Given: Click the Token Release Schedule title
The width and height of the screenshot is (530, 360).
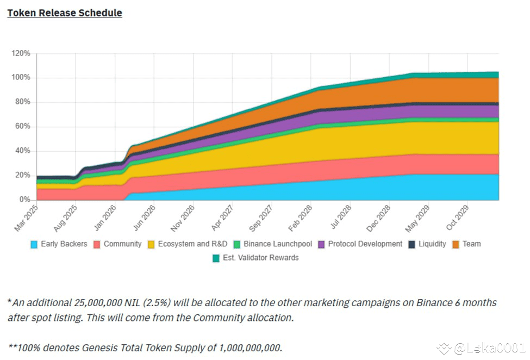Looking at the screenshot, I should tap(64, 13).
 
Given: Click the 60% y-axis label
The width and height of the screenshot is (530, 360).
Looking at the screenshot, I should tap(23, 127).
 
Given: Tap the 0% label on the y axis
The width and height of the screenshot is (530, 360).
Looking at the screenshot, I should tap(25, 200).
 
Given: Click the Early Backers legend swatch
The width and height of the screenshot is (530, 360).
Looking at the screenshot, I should tap(34, 244).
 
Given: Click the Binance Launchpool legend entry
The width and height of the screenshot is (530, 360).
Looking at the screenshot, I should tap(273, 244).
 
